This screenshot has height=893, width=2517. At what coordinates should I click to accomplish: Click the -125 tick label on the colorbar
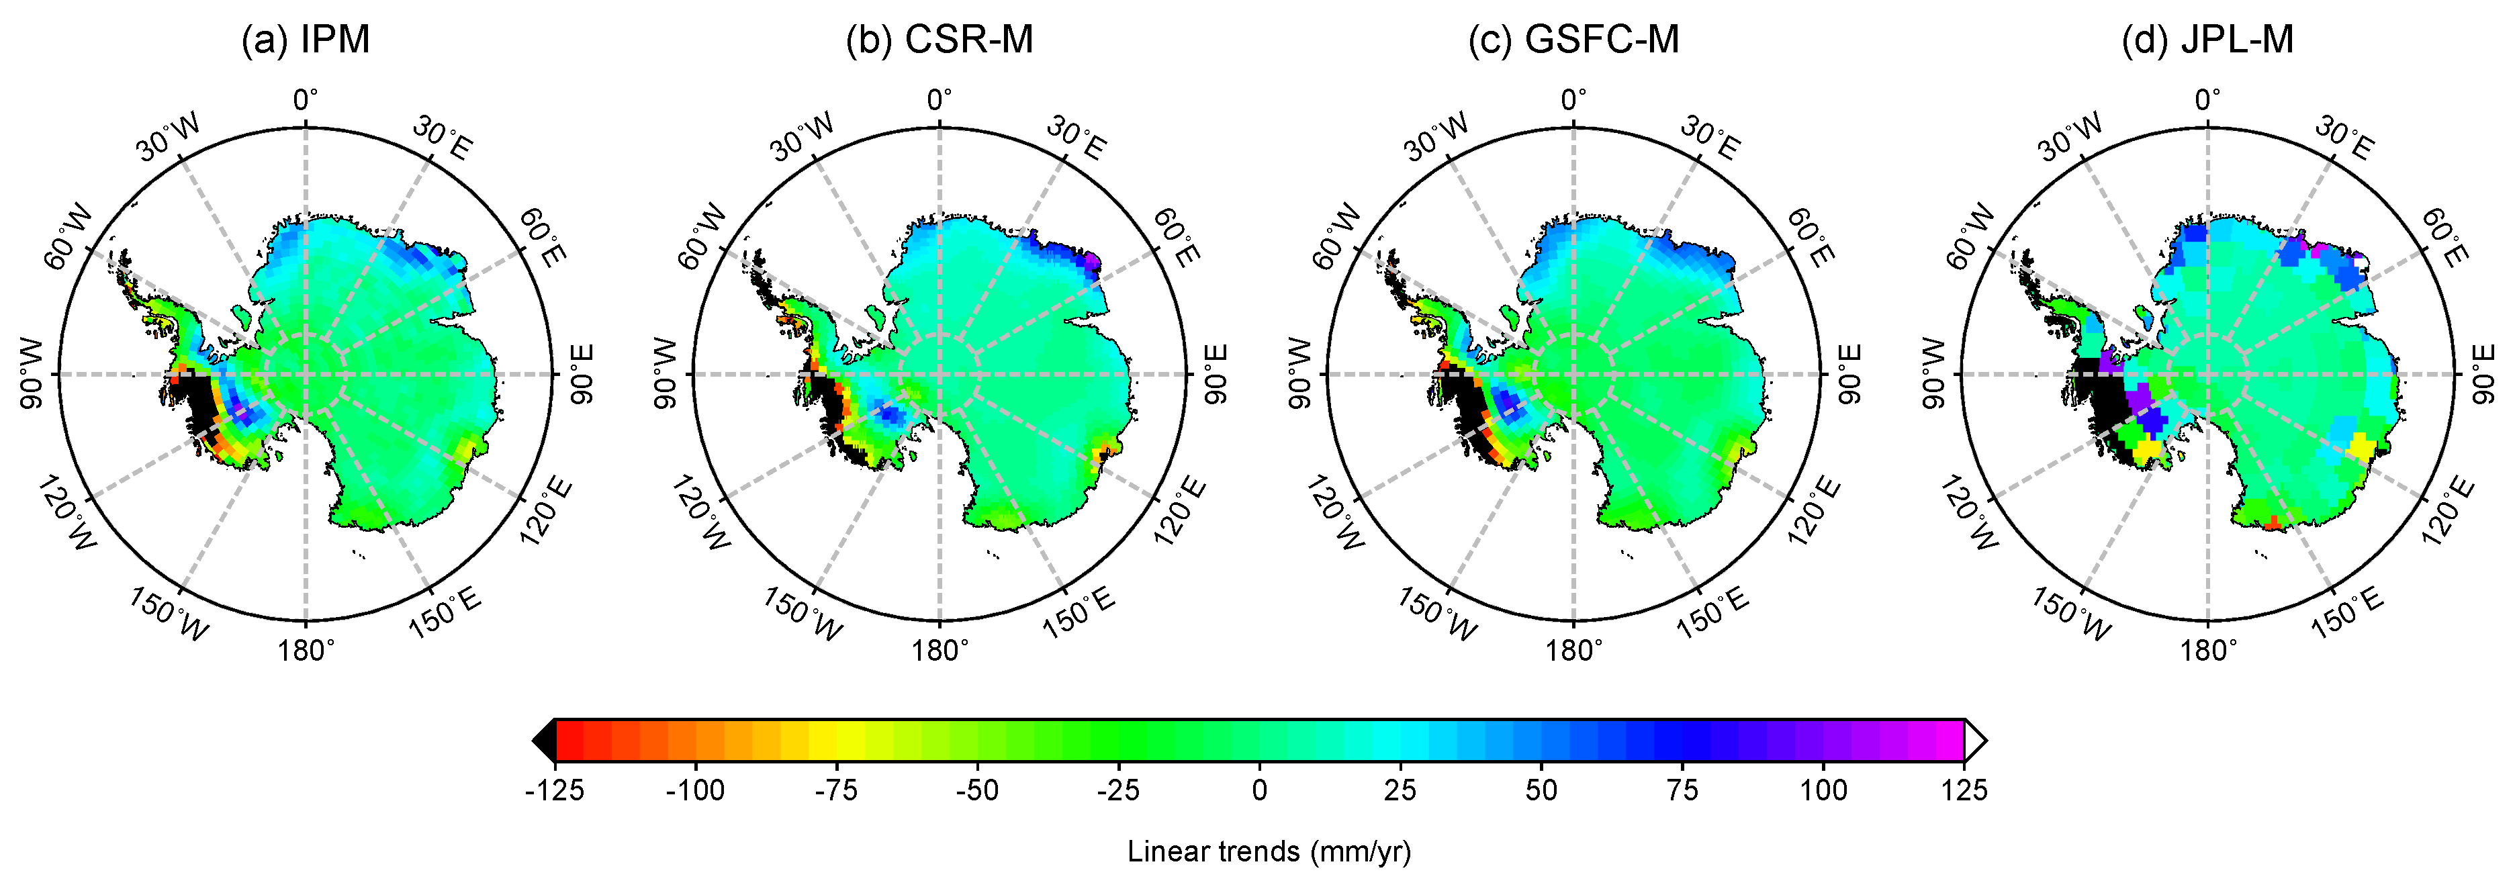click(x=554, y=790)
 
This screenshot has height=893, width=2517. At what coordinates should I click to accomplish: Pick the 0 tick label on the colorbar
click(x=1259, y=790)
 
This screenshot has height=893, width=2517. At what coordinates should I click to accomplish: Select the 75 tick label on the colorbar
click(x=1682, y=790)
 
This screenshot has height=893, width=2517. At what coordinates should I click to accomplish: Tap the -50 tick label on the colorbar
click(x=977, y=790)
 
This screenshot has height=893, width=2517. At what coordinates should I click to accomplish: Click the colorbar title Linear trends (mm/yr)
click(x=1269, y=852)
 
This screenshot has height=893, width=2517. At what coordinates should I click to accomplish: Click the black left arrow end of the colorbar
click(x=543, y=741)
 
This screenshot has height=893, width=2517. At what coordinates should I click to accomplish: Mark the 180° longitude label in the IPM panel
click(x=306, y=650)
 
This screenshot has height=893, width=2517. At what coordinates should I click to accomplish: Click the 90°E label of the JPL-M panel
click(x=2482, y=374)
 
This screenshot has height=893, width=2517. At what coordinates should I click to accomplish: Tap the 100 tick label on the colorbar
click(x=1823, y=790)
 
